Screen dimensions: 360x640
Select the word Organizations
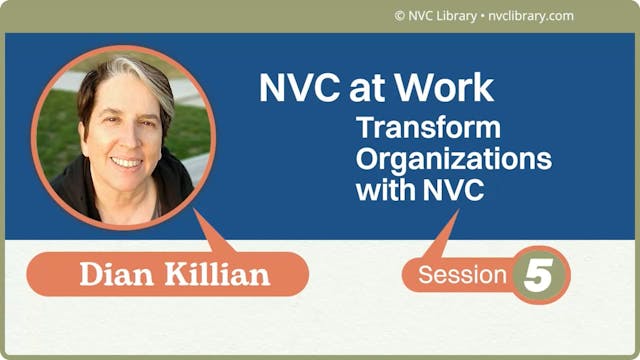pos(454,160)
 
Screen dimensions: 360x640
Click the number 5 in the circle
pos(538,274)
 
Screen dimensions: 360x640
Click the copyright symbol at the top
pos(399,16)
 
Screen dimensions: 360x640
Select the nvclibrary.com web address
pos(532,16)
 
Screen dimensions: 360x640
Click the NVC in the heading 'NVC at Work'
pos(296,88)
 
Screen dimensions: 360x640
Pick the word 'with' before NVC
pos(381,190)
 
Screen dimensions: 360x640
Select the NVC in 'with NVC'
pos(447,190)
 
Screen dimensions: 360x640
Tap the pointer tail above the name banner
pos(215,233)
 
